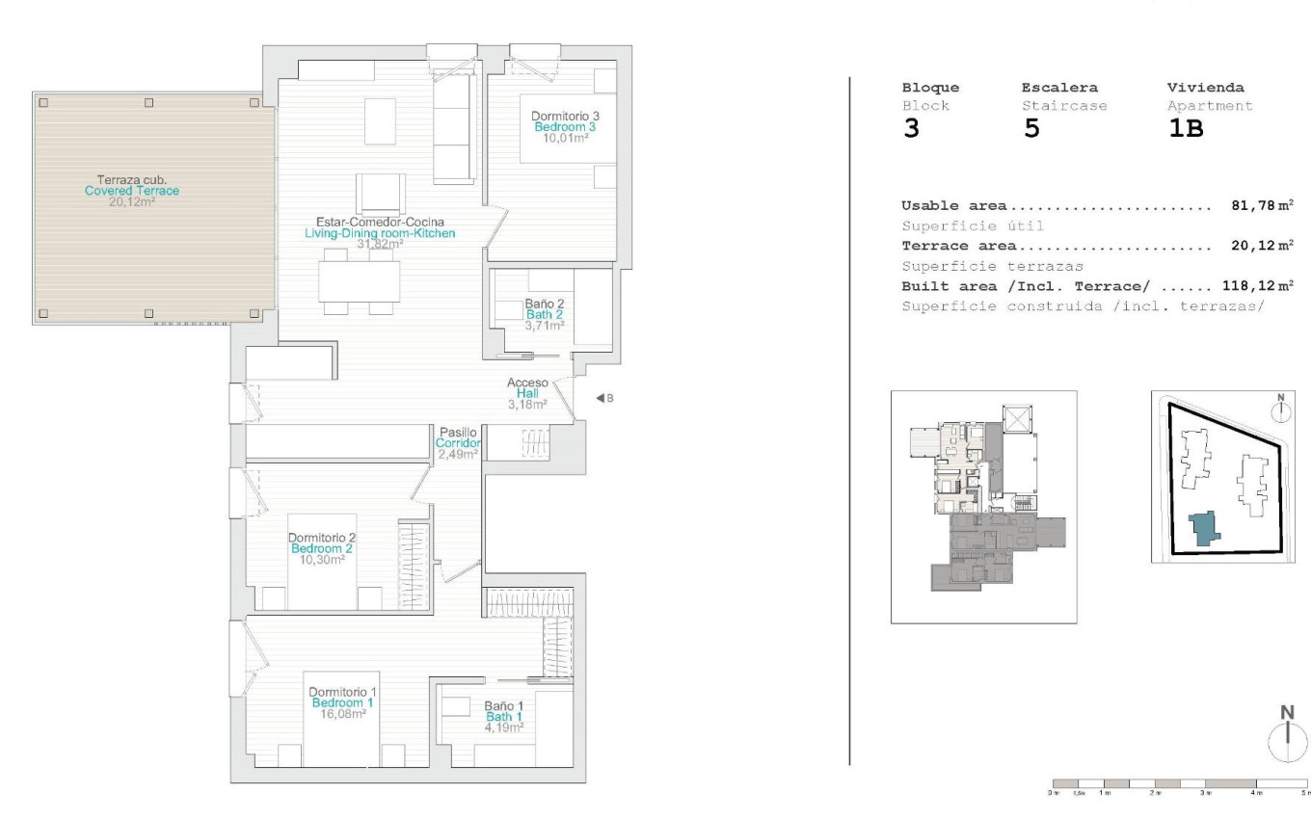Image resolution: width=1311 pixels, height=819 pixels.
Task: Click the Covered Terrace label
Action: pos(131,191)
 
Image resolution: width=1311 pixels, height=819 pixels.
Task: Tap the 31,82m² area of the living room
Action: pos(380,245)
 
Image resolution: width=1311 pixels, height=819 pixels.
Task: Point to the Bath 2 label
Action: pos(545,314)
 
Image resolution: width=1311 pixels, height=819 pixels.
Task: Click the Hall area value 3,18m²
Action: pos(527,405)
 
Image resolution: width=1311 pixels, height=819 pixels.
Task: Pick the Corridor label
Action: pos(458,443)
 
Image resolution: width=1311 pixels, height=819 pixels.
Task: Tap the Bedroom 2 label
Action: pos(323,548)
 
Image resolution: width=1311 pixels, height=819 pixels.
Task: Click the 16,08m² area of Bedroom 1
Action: pos(342,715)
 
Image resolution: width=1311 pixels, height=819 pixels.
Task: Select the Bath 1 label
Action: pos(503,717)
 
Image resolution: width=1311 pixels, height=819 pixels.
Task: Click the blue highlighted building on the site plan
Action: pos(1203,529)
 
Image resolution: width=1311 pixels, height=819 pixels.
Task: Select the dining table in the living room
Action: pos(359,281)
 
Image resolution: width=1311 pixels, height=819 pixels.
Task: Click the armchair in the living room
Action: pos(381,193)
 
